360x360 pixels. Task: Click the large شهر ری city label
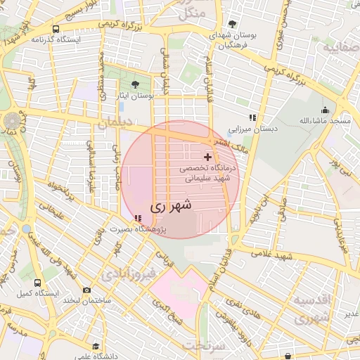pyautogui.click(x=171, y=207)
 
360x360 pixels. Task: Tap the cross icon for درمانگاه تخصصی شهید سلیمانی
pyautogui.click(x=207, y=155)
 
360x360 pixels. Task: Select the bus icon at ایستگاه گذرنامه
pyautogui.click(x=56, y=30)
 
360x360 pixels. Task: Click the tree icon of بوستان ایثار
pyautogui.click(x=135, y=84)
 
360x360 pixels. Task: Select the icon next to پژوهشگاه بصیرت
pyautogui.click(x=138, y=219)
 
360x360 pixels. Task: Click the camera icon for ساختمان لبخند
pyautogui.click(x=86, y=290)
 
